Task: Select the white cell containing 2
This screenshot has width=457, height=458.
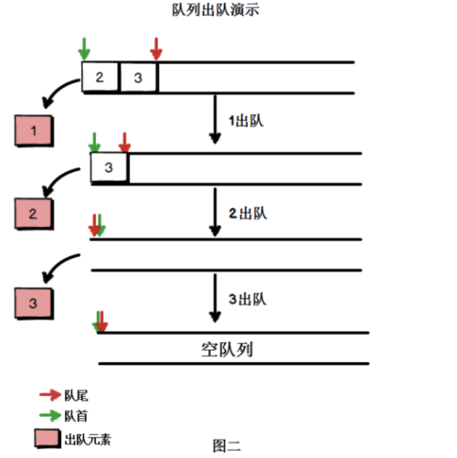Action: [x=101, y=78]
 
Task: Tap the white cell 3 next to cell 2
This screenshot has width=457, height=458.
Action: [x=138, y=78]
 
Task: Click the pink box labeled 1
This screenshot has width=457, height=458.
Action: [x=35, y=133]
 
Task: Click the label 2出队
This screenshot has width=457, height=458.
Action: [x=247, y=213]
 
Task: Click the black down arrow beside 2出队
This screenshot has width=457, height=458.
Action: [x=216, y=212]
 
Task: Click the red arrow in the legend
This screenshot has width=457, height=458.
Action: [x=48, y=395]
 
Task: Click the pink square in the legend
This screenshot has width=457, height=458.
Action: [x=48, y=438]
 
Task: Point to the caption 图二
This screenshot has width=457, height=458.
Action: [x=227, y=446]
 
